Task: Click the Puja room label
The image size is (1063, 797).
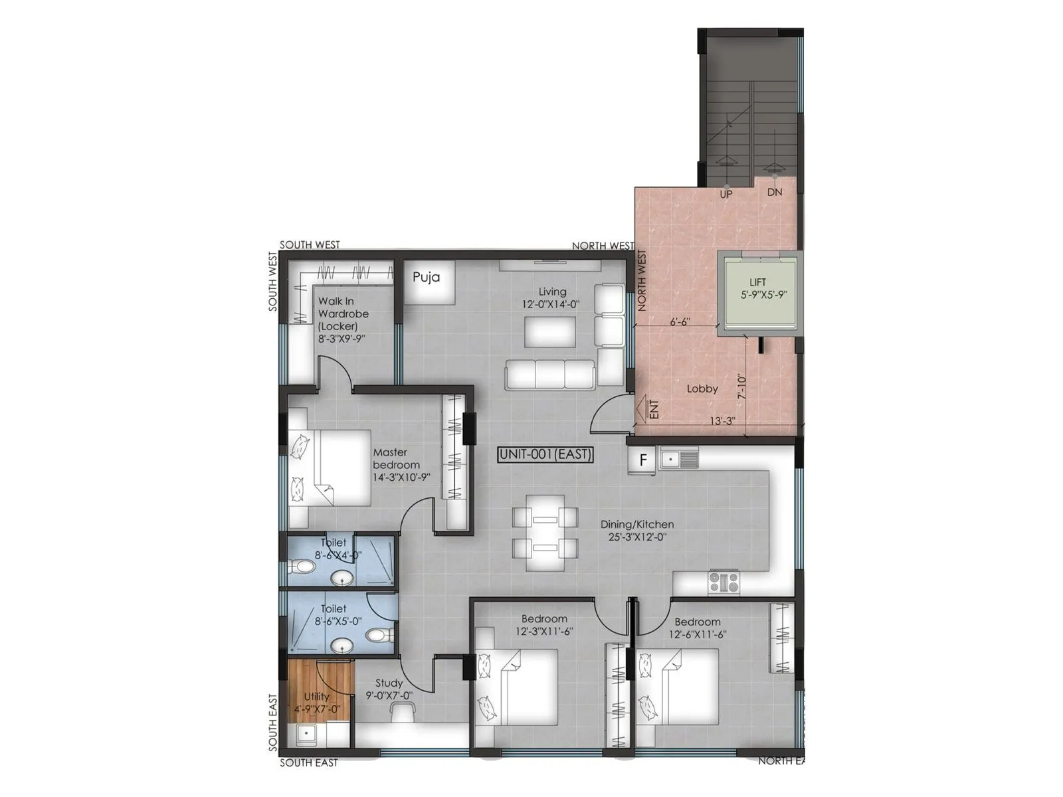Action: point(426,277)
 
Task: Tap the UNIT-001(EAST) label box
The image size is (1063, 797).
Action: point(545,455)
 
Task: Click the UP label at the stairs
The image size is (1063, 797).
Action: point(725,194)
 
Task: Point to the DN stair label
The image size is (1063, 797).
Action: point(775,192)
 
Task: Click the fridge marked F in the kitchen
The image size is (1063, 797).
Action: point(642,460)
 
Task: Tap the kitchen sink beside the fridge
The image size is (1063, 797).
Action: point(678,458)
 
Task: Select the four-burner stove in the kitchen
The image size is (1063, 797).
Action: point(724,582)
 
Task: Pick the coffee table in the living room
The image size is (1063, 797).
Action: point(550,331)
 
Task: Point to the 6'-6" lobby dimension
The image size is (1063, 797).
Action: point(680,321)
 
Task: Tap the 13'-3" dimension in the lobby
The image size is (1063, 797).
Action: point(722,421)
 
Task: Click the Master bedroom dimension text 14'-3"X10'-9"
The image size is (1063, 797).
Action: point(401,477)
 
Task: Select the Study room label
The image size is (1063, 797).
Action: point(389,683)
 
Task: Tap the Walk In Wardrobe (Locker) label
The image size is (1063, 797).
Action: point(343,314)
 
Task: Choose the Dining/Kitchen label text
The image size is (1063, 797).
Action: point(636,524)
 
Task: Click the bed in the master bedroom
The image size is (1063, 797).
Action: point(330,468)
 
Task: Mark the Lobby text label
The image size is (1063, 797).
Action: point(702,389)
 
